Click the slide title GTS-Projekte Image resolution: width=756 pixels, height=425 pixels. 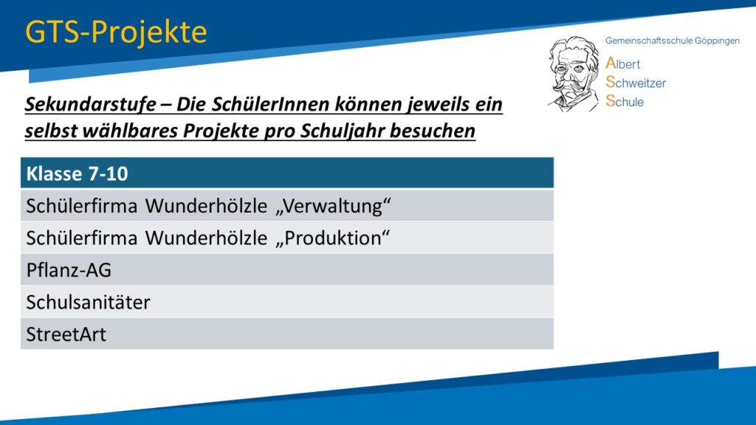coord(116,32)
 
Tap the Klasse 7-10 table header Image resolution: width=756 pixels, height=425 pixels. coord(77,173)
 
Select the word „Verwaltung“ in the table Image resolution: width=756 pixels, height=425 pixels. coord(333,207)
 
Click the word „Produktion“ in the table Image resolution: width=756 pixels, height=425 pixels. coord(333,238)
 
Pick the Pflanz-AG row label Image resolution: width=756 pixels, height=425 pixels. coord(69,270)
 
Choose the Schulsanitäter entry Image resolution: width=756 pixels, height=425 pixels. coord(89,302)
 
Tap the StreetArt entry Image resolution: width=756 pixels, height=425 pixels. coord(66,334)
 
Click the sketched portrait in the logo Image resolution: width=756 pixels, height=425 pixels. coord(573,75)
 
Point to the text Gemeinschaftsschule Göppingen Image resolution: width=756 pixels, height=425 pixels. coord(672,41)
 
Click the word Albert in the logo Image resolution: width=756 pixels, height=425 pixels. coord(622,63)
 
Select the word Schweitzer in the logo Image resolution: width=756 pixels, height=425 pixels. coord(636,83)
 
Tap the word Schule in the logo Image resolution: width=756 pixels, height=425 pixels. coord(625,101)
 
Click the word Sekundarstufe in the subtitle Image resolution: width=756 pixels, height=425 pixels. coord(91,104)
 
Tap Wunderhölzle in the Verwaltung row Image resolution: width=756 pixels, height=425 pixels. coord(207,207)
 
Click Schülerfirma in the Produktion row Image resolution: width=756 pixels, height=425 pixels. coord(82,238)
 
